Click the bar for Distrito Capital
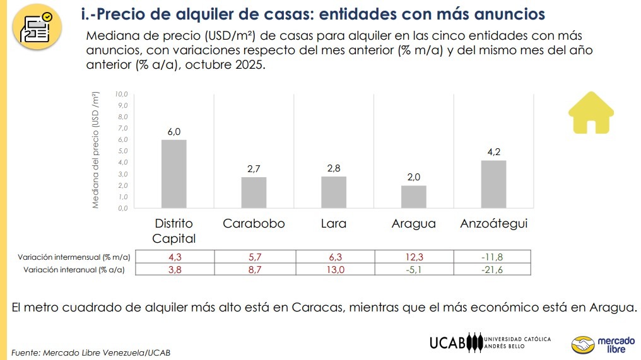click(x=174, y=173)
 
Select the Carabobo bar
click(x=254, y=192)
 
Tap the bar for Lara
click(x=334, y=192)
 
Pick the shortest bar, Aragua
click(x=414, y=196)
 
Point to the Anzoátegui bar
click(x=493, y=184)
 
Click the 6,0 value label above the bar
click(x=174, y=132)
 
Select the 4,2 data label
click(x=493, y=152)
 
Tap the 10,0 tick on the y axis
click(x=122, y=94)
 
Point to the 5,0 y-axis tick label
click(x=122, y=151)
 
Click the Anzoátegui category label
click(x=493, y=224)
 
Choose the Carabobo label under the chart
click(x=254, y=224)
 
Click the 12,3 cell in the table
click(x=414, y=257)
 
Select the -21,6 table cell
click(x=493, y=269)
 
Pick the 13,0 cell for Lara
click(x=334, y=269)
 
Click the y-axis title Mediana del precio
click(x=97, y=151)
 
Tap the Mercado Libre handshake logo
click(x=582, y=344)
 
